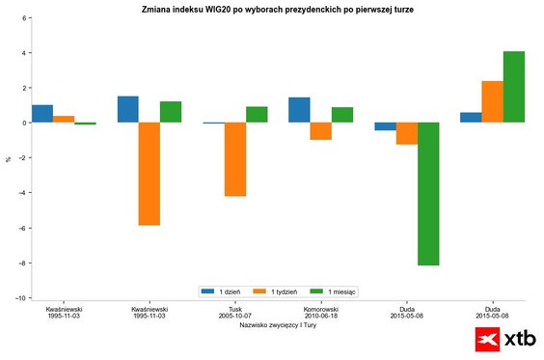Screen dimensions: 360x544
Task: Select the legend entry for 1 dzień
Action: click(224, 291)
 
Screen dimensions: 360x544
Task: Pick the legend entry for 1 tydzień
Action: click(281, 291)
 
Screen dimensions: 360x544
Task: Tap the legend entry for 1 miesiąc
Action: click(338, 291)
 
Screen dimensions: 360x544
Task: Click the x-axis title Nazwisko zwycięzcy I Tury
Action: click(279, 325)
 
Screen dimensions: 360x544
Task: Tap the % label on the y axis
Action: click(9, 158)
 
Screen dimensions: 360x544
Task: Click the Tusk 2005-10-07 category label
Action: click(234, 313)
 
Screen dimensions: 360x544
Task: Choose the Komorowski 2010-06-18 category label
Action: click(320, 313)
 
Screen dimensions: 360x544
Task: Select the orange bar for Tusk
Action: click(235, 159)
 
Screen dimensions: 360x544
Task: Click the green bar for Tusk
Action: click(257, 115)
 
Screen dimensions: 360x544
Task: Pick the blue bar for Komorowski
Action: click(299, 110)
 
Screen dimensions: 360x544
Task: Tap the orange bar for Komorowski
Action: click(320, 131)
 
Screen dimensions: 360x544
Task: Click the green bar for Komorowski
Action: click(342, 115)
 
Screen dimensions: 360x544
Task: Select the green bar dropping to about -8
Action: click(428, 193)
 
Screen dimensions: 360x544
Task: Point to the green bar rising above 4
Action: click(514, 87)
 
